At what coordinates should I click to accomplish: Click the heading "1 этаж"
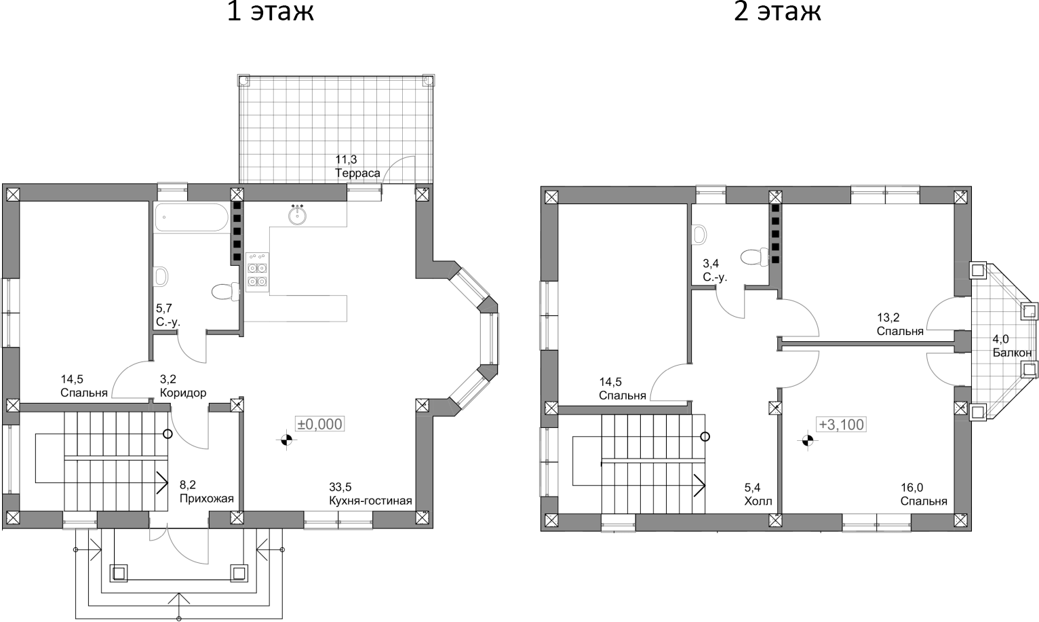270,12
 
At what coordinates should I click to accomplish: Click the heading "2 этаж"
777,12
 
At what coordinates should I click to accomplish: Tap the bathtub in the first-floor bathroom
191,218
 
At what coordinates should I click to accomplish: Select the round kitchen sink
297,216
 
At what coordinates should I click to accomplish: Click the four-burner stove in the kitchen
257,272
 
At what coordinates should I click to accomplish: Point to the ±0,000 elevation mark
319,424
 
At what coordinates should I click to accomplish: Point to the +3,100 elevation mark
841,425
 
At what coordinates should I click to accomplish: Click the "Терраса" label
357,173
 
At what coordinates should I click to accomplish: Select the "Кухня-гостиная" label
370,501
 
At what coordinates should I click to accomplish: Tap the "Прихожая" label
206,499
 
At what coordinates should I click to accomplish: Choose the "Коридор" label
183,393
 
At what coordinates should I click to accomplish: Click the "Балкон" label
1012,353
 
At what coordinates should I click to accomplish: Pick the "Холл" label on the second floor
758,502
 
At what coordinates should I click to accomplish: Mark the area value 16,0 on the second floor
911,488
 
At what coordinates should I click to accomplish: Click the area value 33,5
340,487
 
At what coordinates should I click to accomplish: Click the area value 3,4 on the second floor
710,263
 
